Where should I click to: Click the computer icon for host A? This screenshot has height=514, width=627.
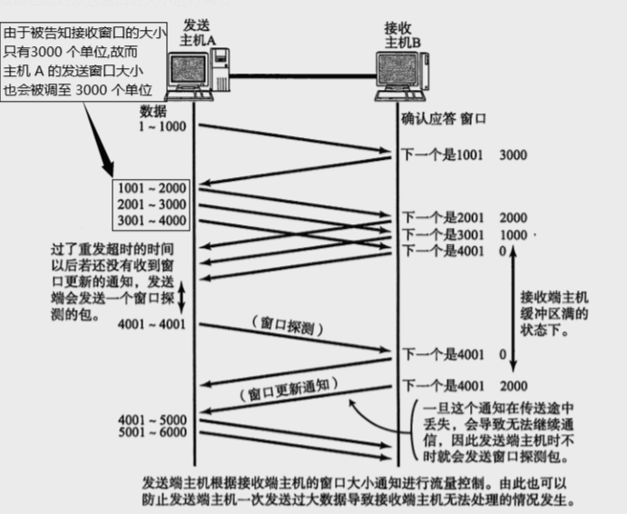tap(199, 76)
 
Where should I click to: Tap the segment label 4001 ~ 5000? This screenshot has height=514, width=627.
tap(152, 420)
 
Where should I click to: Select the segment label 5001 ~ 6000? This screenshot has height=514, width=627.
tap(152, 434)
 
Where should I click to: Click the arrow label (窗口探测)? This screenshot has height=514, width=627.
tap(287, 322)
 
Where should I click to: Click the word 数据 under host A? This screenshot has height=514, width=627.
tap(152, 111)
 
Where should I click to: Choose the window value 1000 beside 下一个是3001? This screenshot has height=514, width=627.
tap(513, 234)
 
